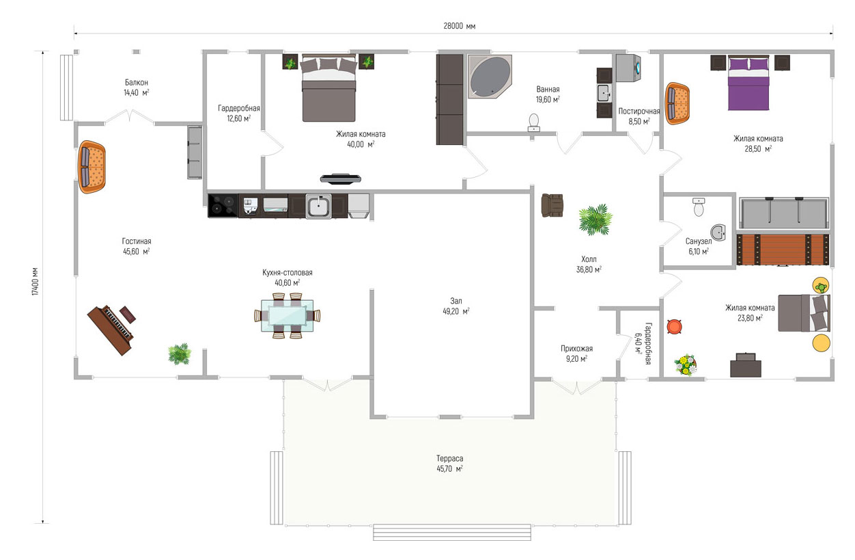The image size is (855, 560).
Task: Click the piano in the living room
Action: (x=111, y=330)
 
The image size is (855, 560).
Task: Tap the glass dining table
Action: (x=288, y=316)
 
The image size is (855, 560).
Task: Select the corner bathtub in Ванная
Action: (x=490, y=77)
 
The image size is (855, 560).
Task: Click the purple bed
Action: (x=748, y=83)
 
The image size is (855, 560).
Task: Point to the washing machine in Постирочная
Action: (x=628, y=68)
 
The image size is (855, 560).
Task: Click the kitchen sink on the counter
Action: (x=318, y=206)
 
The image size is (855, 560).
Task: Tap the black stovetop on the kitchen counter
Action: (x=223, y=206)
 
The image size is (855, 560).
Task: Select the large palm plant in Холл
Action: (x=595, y=219)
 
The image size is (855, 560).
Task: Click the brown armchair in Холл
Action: (x=552, y=205)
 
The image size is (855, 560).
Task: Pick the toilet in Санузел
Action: (x=699, y=206)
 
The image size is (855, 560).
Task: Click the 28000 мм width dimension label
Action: (x=459, y=26)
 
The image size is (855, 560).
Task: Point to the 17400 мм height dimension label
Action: (x=35, y=281)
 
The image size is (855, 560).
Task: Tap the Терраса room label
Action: (x=449, y=458)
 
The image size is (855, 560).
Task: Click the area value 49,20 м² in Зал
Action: (x=455, y=311)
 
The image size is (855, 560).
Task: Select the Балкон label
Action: (x=137, y=82)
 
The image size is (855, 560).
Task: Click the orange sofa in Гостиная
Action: (x=92, y=167)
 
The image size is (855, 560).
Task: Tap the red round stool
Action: (x=675, y=327)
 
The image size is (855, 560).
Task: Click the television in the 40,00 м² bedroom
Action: (x=341, y=178)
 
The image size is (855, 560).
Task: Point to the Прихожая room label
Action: (x=576, y=348)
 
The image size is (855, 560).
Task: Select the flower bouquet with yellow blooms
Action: (x=686, y=365)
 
